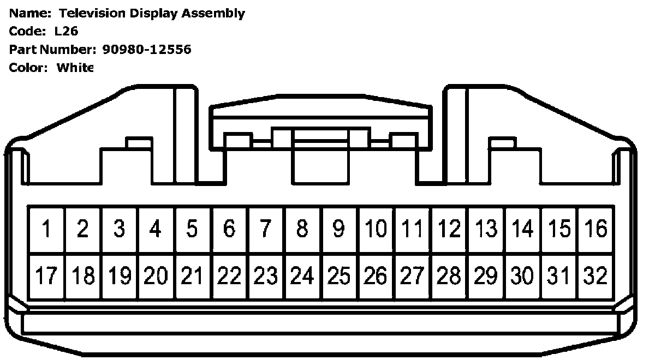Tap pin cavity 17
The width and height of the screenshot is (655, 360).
point(46,277)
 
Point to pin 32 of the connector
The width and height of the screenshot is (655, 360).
point(596,277)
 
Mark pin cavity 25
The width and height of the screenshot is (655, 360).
point(339,277)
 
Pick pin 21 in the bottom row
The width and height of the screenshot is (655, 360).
point(192,277)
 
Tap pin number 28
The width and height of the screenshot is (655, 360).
point(449,277)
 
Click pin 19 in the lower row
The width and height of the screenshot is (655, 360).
point(119,277)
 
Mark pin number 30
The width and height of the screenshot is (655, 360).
point(522,277)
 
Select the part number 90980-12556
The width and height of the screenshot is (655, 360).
point(147,50)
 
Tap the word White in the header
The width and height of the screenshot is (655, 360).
point(75,68)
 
